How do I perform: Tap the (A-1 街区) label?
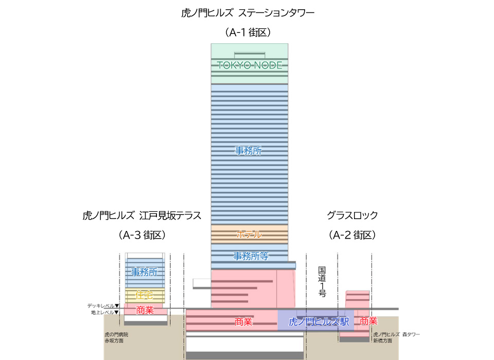[x=248, y=32]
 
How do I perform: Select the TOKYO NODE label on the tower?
[x=250, y=65]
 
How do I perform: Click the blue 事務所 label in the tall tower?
[x=249, y=151]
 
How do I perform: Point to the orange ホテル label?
[x=249, y=235]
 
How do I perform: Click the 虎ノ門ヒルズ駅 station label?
[x=319, y=322]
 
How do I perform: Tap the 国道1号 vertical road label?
[x=322, y=282]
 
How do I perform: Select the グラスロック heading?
[x=352, y=215]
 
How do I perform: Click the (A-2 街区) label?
[x=352, y=235]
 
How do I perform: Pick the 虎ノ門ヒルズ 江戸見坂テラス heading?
[x=142, y=215]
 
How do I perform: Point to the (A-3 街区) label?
[x=142, y=235]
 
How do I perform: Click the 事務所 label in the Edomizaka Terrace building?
[x=144, y=272]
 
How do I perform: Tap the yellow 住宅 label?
[x=145, y=295]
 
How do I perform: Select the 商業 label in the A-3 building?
[x=145, y=310]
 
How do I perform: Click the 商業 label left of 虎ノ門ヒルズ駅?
[x=243, y=322]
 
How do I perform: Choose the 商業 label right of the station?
[x=368, y=321]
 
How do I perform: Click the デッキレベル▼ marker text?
[x=103, y=305]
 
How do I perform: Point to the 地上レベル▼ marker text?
[x=104, y=312]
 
